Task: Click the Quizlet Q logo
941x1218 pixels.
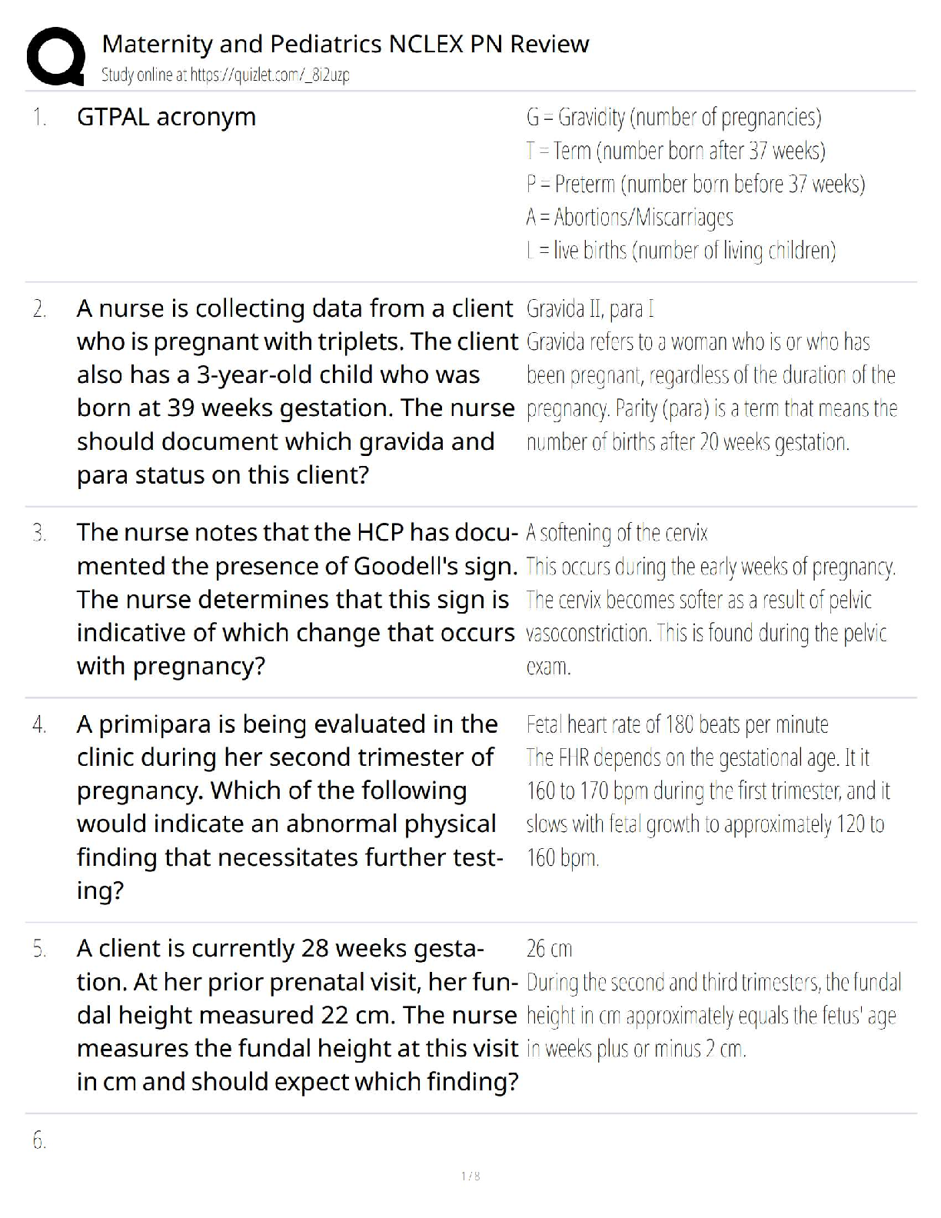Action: [x=55, y=56]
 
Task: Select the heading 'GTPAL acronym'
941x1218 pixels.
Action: [x=166, y=117]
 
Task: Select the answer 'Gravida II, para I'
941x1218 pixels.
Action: [x=590, y=309]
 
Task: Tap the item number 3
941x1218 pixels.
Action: [x=39, y=533]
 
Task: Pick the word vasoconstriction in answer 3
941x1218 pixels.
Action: [x=588, y=634]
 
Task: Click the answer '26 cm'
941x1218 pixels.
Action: [x=549, y=949]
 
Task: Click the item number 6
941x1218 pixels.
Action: [x=39, y=1142]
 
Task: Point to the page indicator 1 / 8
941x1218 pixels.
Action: [x=470, y=1176]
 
